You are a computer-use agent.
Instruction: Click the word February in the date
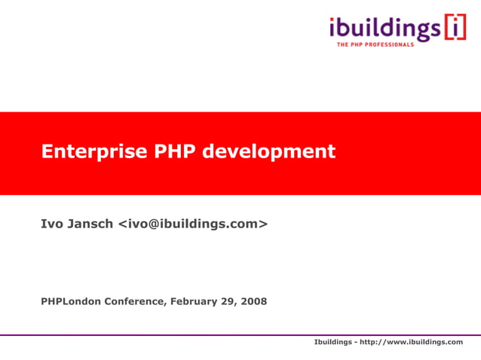[x=195, y=302]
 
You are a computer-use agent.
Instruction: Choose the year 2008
[x=254, y=302]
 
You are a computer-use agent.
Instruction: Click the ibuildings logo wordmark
[x=384, y=29]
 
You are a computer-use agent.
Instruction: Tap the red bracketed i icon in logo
[x=455, y=28]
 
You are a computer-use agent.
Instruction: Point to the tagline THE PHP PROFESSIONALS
[x=375, y=45]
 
